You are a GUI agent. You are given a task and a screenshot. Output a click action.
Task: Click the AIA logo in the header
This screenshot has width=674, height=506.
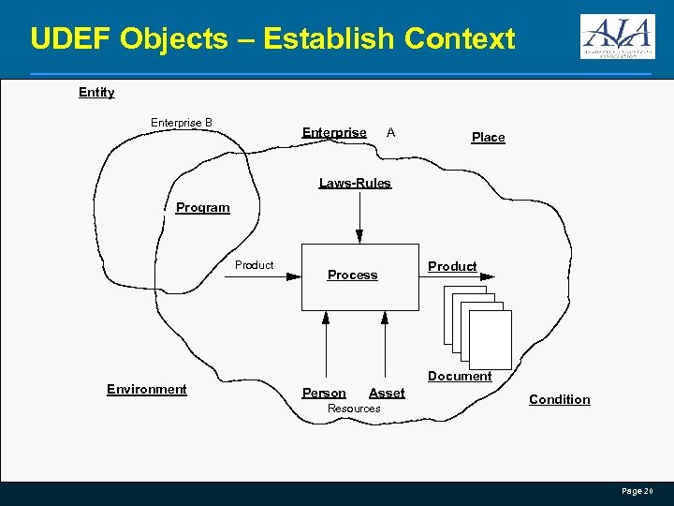click(617, 37)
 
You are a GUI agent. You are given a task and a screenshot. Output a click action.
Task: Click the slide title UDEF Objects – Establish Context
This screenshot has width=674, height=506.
click(272, 38)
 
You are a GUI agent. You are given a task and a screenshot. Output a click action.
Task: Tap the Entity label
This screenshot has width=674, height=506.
click(96, 92)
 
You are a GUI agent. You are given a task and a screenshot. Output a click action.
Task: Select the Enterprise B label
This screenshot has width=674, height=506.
click(182, 123)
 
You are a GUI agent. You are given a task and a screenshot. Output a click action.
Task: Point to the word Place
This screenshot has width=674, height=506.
click(488, 137)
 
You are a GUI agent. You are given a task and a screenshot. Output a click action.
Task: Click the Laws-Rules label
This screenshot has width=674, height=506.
click(355, 183)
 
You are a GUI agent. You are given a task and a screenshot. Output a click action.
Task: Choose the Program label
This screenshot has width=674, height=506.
click(202, 207)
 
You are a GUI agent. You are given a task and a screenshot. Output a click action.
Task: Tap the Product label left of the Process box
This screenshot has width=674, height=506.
click(254, 265)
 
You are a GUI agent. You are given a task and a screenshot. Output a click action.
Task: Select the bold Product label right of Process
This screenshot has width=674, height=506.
click(452, 266)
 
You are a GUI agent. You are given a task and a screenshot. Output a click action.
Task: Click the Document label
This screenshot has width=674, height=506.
click(460, 376)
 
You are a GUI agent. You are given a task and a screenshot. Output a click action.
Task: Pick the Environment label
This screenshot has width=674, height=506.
click(147, 389)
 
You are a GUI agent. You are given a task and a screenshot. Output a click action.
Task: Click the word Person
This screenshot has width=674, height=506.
click(324, 393)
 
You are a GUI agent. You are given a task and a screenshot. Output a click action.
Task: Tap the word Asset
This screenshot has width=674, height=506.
click(387, 393)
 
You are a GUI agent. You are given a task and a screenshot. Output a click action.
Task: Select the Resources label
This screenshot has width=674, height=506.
click(354, 409)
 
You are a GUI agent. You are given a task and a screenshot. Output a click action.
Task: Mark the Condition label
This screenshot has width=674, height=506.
click(560, 399)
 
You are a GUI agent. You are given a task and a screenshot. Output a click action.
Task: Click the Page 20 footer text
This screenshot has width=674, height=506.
click(637, 491)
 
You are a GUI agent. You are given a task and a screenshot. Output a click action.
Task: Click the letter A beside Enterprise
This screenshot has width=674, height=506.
click(390, 132)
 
